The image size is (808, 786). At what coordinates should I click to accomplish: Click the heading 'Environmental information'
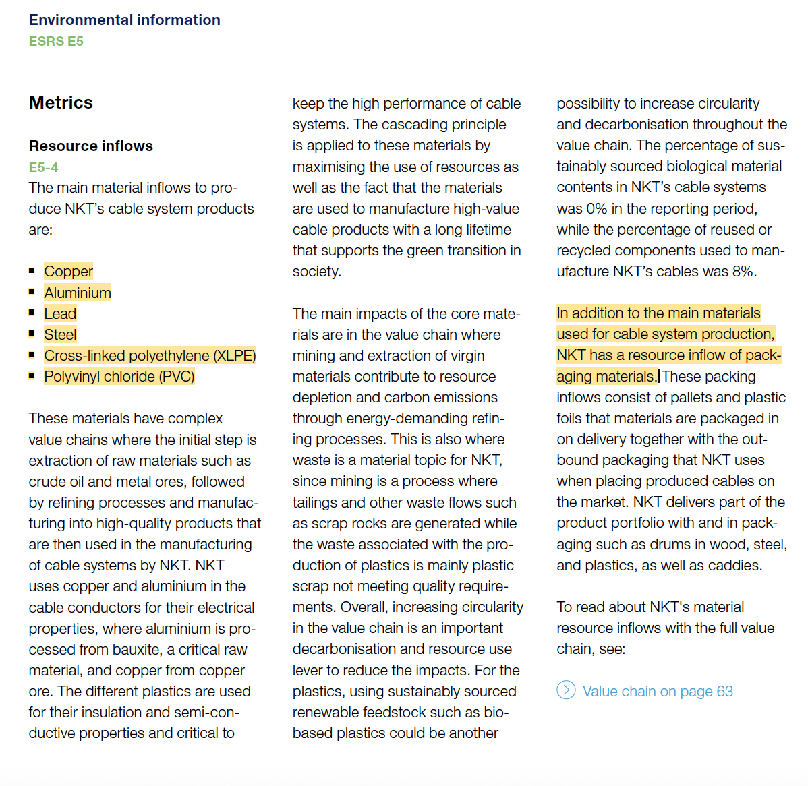(x=124, y=20)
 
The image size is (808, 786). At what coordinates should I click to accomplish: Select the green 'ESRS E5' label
(x=56, y=42)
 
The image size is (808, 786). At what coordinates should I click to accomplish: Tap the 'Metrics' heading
(x=61, y=102)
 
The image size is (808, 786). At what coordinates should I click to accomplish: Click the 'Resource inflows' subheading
(x=90, y=146)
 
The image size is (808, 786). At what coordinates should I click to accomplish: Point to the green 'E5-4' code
(x=43, y=167)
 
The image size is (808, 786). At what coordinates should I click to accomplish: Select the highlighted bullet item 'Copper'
(x=68, y=271)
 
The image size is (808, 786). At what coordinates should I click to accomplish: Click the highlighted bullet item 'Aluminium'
(x=78, y=293)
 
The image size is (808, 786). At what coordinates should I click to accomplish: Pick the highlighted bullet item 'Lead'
(x=60, y=313)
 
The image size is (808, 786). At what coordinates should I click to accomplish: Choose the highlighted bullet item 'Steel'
(x=60, y=334)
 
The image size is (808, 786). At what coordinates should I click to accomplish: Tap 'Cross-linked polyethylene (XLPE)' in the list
(x=150, y=355)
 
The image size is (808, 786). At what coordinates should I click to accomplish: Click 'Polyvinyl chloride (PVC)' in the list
(x=119, y=376)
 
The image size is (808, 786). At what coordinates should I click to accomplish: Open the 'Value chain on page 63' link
(x=658, y=691)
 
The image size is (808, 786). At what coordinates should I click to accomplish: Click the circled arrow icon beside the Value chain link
(x=566, y=690)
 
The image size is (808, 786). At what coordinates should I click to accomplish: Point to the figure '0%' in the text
(x=596, y=208)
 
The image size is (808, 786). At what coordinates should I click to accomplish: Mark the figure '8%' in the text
(x=743, y=271)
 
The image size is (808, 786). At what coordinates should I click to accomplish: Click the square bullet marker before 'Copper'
(x=32, y=270)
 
